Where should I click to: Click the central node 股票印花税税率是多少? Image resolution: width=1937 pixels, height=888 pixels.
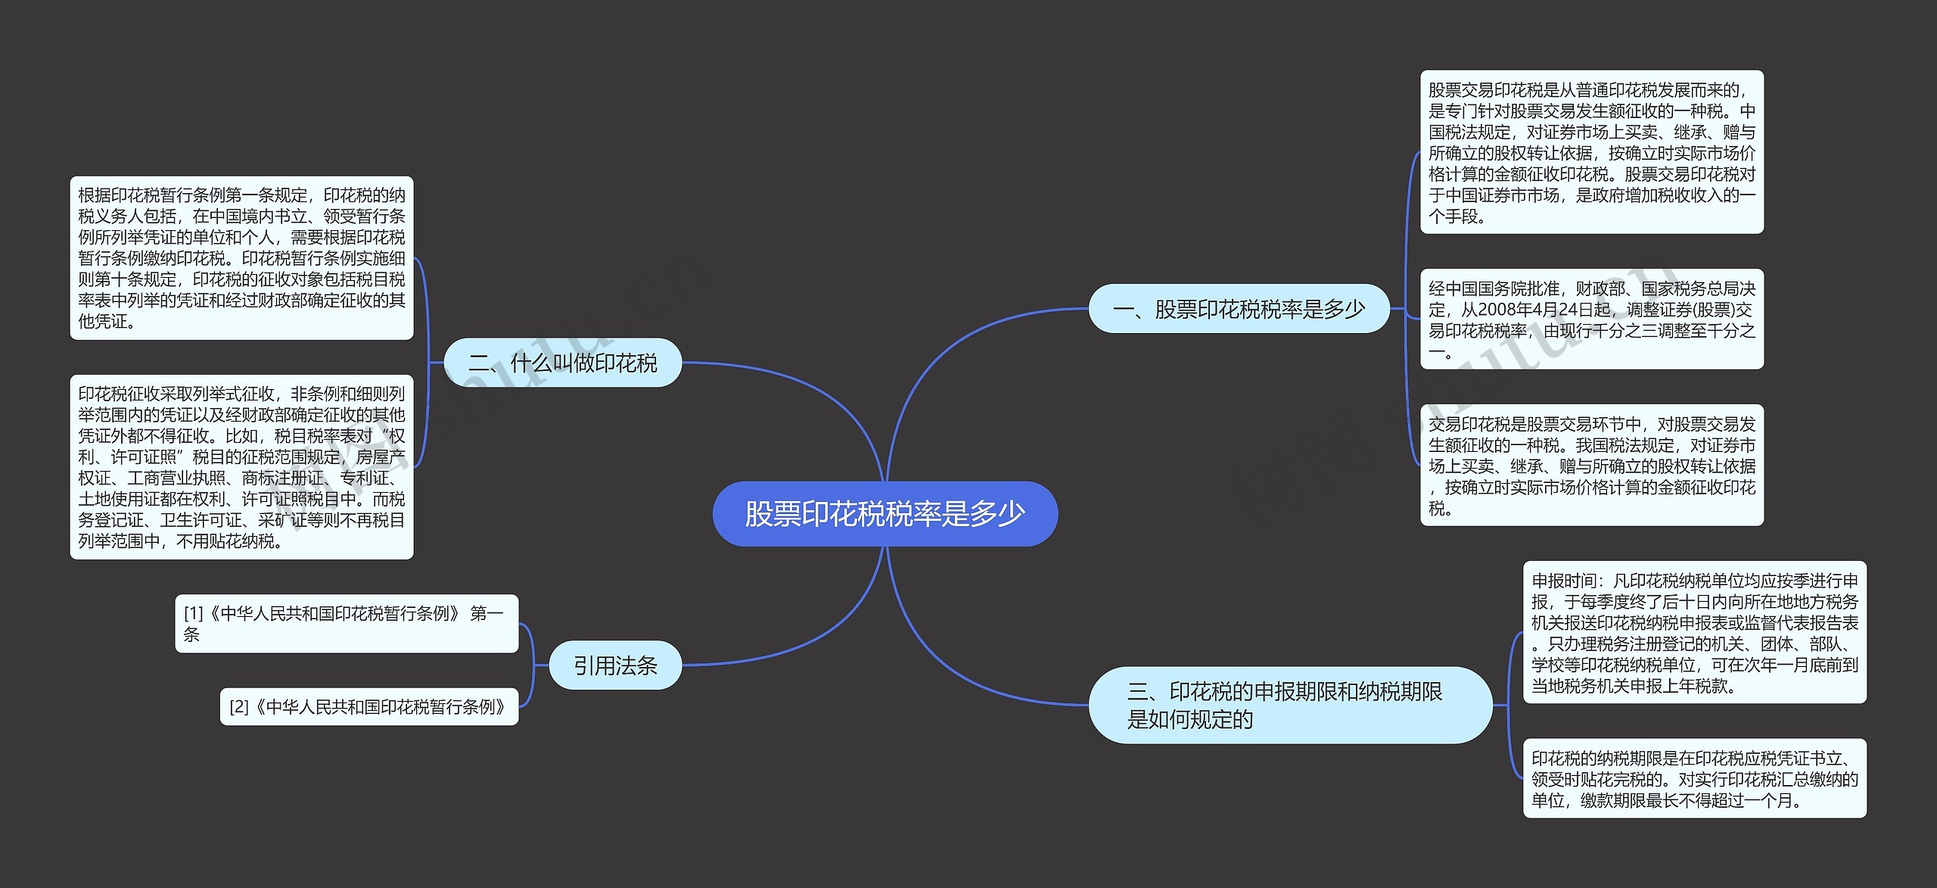pyautogui.click(x=885, y=514)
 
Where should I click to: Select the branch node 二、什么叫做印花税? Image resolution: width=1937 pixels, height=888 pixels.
pyautogui.click(x=563, y=363)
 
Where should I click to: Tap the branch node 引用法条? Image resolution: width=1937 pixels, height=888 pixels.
pyautogui.click(x=615, y=665)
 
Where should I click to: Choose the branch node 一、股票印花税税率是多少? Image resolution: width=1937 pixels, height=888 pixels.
pyautogui.click(x=1239, y=309)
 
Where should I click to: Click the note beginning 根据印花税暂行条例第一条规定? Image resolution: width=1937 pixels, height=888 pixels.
pyautogui.click(x=241, y=258)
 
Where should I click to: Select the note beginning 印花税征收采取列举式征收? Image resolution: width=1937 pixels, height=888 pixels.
pyautogui.click(x=241, y=467)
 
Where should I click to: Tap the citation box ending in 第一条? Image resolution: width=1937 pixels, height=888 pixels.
pyautogui.click(x=347, y=623)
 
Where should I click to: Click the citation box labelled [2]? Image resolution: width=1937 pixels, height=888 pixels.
pyautogui.click(x=368, y=706)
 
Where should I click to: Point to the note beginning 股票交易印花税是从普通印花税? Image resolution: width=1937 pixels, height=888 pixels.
pyautogui.click(x=1591, y=152)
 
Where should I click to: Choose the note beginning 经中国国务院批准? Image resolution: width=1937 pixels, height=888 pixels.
pyautogui.click(x=1591, y=319)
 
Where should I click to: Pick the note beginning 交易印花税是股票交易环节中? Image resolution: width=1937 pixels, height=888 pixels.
pyautogui.click(x=1591, y=466)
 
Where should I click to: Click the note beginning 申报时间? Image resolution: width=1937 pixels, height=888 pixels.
pyautogui.click(x=1694, y=633)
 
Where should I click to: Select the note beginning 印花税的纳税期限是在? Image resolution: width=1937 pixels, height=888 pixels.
pyautogui.click(x=1694, y=778)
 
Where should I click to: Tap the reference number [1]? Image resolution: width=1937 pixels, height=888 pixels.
pyautogui.click(x=194, y=613)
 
